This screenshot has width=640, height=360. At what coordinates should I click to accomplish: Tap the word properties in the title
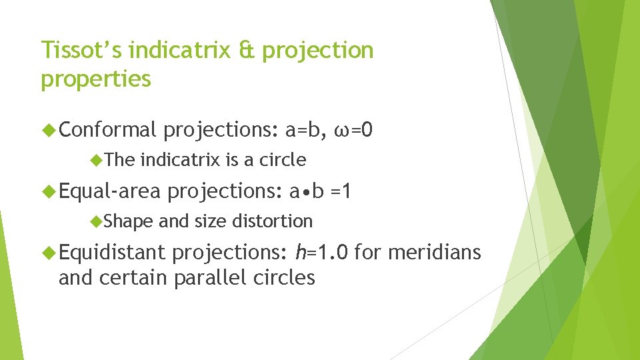[96, 79]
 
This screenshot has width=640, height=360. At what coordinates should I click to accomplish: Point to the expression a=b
[305, 129]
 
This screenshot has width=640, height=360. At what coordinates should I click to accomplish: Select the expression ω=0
[356, 129]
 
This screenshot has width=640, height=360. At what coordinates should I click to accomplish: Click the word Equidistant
[111, 252]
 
